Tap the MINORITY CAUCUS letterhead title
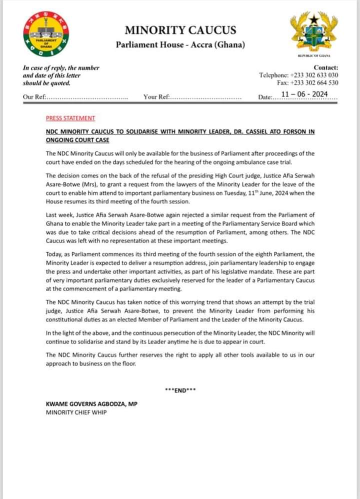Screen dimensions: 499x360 [x=180, y=30]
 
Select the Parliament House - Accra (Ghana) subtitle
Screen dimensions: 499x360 [x=180, y=45]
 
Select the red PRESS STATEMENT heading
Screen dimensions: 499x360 [x=70, y=118]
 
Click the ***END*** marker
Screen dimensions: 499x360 [x=180, y=391]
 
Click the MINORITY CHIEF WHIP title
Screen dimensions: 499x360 [x=76, y=412]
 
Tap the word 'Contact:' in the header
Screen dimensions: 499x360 [x=325, y=67]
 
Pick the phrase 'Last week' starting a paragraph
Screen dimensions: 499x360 [x=60, y=214]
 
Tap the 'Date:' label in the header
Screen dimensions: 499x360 [x=265, y=97]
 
